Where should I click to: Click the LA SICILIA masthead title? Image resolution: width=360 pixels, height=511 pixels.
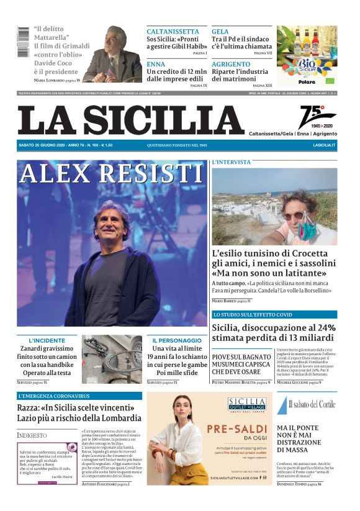[x=131, y=119]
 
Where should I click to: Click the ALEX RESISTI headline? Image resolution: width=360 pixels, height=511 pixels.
[x=112, y=174]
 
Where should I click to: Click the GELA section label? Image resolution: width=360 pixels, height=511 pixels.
[x=220, y=31]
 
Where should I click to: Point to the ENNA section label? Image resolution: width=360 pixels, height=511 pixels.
[x=156, y=63]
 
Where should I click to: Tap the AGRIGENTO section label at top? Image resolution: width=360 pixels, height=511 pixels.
[x=231, y=63]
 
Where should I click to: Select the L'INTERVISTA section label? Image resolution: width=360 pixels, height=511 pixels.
[x=232, y=162]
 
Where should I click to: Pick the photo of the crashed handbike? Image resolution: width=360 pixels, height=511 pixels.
[x=112, y=359]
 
